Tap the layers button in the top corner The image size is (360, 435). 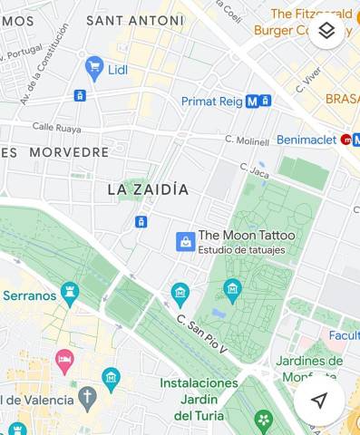pos(327,31)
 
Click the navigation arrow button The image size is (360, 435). pos(318,400)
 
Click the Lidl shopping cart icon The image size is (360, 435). pos(93,66)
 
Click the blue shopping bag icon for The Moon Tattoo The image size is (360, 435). pos(185,241)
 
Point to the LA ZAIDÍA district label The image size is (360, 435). pos(148,189)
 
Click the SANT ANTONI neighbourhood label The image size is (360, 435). pos(134,19)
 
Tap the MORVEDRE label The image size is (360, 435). pos(69,152)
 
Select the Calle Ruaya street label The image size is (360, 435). pos(56,128)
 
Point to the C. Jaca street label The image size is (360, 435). pos(255,169)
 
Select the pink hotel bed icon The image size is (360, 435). pos(64,362)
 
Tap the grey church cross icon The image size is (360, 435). pos(87,397)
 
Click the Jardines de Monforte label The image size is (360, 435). pos(308,368)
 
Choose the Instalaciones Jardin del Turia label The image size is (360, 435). pos(199,399)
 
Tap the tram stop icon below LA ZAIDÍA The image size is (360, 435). pos(141,222)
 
